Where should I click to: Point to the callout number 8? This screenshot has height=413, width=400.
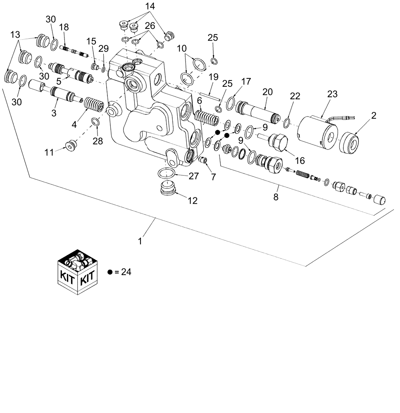[x=276, y=197]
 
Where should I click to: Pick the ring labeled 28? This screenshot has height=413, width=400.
[x=95, y=121]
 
